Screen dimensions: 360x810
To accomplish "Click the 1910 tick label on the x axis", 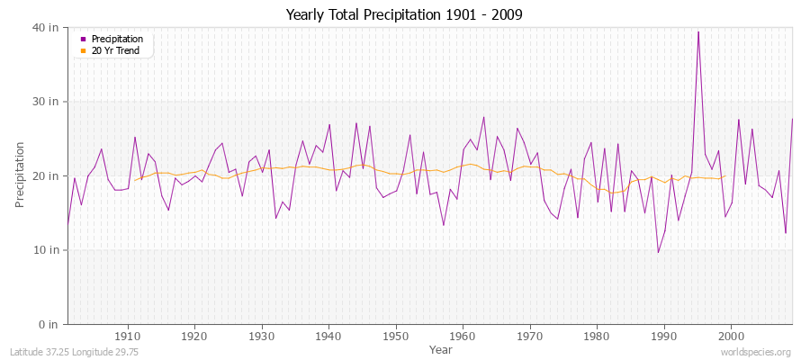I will pyautogui.click(x=128, y=337).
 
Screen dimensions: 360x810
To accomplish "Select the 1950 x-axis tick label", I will pyautogui.click(x=395, y=337).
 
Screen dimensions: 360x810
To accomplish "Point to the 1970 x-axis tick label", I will pyautogui.click(x=529, y=337).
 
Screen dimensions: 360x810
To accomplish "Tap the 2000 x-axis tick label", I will pyautogui.click(x=730, y=337).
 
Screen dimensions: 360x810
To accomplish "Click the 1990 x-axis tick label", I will pyautogui.click(x=663, y=337).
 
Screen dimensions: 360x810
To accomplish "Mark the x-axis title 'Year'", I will pyautogui.click(x=441, y=349).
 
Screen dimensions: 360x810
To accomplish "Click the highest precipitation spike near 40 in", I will pyautogui.click(x=697, y=32).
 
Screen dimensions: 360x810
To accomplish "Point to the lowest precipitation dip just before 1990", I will pyautogui.click(x=658, y=252).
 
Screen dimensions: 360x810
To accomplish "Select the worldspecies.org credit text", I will pyautogui.click(x=756, y=352).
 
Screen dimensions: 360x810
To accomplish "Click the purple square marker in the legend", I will pyautogui.click(x=84, y=40).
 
